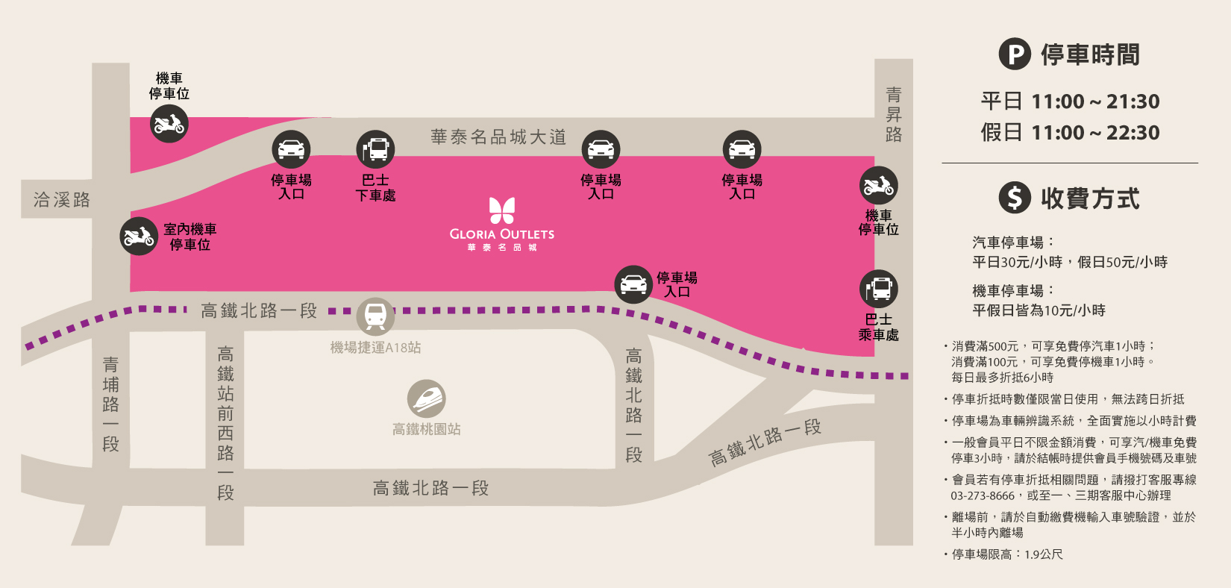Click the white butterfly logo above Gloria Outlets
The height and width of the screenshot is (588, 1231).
click(502, 210)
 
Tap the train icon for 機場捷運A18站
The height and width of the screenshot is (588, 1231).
click(375, 316)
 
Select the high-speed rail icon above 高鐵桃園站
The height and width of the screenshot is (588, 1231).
click(427, 399)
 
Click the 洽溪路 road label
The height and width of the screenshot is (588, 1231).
click(61, 199)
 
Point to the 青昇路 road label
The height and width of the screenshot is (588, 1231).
click(894, 114)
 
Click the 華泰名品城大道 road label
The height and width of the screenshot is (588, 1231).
click(498, 137)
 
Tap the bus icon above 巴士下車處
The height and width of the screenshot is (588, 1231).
click(375, 149)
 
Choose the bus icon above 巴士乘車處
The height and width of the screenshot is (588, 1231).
click(879, 289)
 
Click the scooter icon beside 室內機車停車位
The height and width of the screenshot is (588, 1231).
click(139, 237)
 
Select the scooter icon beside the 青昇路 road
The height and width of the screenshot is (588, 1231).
click(879, 186)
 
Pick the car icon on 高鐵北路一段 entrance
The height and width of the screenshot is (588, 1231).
click(633, 284)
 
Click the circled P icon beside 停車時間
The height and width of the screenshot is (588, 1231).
click(1015, 54)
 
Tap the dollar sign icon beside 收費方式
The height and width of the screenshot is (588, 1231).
click(1015, 197)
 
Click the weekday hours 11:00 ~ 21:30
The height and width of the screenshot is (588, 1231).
click(1095, 101)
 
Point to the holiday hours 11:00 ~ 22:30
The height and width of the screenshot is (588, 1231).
click(1095, 133)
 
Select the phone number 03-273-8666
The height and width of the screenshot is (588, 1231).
click(983, 495)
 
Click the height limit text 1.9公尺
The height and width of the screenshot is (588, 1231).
click(1044, 554)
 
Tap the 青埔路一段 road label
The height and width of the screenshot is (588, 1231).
click(110, 404)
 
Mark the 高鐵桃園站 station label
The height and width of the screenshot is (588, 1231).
click(427, 429)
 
